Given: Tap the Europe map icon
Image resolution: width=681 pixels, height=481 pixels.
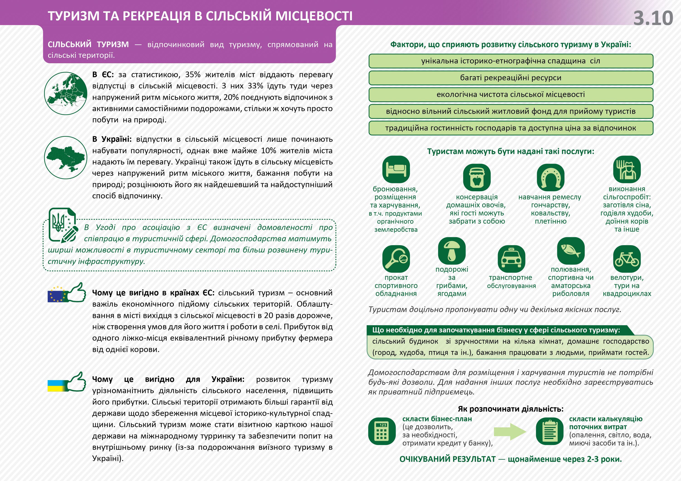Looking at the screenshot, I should [66, 93].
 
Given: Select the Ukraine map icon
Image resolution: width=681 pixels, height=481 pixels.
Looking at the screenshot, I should [66, 157].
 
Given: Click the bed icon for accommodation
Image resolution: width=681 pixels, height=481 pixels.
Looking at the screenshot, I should [396, 170].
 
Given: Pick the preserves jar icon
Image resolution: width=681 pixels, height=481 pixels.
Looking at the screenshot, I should [477, 178].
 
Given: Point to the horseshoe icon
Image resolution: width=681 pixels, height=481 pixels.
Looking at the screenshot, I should [550, 178].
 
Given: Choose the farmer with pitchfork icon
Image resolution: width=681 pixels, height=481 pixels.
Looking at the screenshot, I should [627, 170].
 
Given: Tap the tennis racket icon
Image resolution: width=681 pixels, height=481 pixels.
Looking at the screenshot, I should [396, 259].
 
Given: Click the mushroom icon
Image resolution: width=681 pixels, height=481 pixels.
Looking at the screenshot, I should [452, 251].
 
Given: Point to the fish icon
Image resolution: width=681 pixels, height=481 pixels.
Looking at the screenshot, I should [571, 251].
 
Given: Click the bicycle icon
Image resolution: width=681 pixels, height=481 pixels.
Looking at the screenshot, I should [627, 259].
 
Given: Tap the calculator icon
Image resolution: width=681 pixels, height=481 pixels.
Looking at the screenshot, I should [382, 431].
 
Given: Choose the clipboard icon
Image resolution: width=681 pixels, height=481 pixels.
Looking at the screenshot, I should [550, 431].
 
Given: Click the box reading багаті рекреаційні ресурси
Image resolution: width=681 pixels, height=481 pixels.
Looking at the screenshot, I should [511, 78].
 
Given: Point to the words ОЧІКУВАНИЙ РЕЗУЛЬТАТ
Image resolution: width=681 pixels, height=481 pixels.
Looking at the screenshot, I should [447, 459].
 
